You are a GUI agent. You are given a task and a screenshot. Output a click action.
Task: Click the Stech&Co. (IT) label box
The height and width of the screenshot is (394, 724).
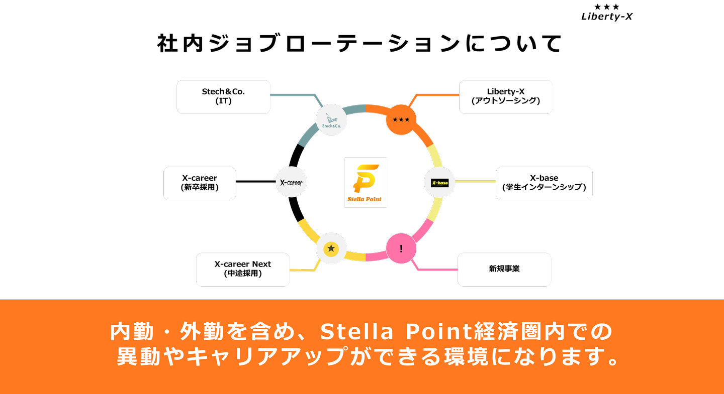(x=223, y=97)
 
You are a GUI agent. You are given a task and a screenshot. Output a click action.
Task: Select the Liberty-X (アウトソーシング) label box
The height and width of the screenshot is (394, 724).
(x=505, y=97)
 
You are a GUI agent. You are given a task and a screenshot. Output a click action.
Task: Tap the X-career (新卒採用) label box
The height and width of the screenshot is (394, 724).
(x=200, y=183)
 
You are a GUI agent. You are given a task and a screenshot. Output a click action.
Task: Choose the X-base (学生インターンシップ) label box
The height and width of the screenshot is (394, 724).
(x=544, y=183)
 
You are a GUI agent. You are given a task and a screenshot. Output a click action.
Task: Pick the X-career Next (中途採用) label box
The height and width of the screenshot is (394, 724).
(x=243, y=270)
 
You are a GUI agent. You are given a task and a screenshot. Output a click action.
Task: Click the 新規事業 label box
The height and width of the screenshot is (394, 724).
(x=504, y=270)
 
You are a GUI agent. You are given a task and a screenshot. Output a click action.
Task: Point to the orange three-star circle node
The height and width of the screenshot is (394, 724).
(x=401, y=120)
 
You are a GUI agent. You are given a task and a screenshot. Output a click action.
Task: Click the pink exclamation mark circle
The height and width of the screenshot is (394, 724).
(x=401, y=248)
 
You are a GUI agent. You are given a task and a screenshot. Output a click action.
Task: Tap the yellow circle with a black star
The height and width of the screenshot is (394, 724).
(x=331, y=248)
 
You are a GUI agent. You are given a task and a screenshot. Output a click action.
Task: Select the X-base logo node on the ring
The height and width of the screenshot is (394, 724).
(x=439, y=183)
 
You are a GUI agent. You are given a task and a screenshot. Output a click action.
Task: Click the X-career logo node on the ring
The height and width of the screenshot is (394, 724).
(x=291, y=182)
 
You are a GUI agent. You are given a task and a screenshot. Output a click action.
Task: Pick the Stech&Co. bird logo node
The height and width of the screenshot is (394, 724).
(x=331, y=120)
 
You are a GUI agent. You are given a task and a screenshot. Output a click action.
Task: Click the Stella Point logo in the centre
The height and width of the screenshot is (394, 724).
(x=365, y=182)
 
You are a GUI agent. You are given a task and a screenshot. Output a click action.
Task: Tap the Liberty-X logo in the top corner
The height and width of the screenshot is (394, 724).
(x=607, y=12)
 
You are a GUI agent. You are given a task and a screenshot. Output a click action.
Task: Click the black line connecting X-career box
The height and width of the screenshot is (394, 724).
(x=256, y=181)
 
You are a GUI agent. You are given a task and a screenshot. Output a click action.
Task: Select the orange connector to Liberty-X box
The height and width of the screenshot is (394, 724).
(x=434, y=100)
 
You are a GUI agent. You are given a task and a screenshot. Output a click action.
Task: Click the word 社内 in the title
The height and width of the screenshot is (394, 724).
(x=180, y=44)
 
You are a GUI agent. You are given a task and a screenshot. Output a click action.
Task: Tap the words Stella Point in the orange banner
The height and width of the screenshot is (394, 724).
(x=397, y=331)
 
